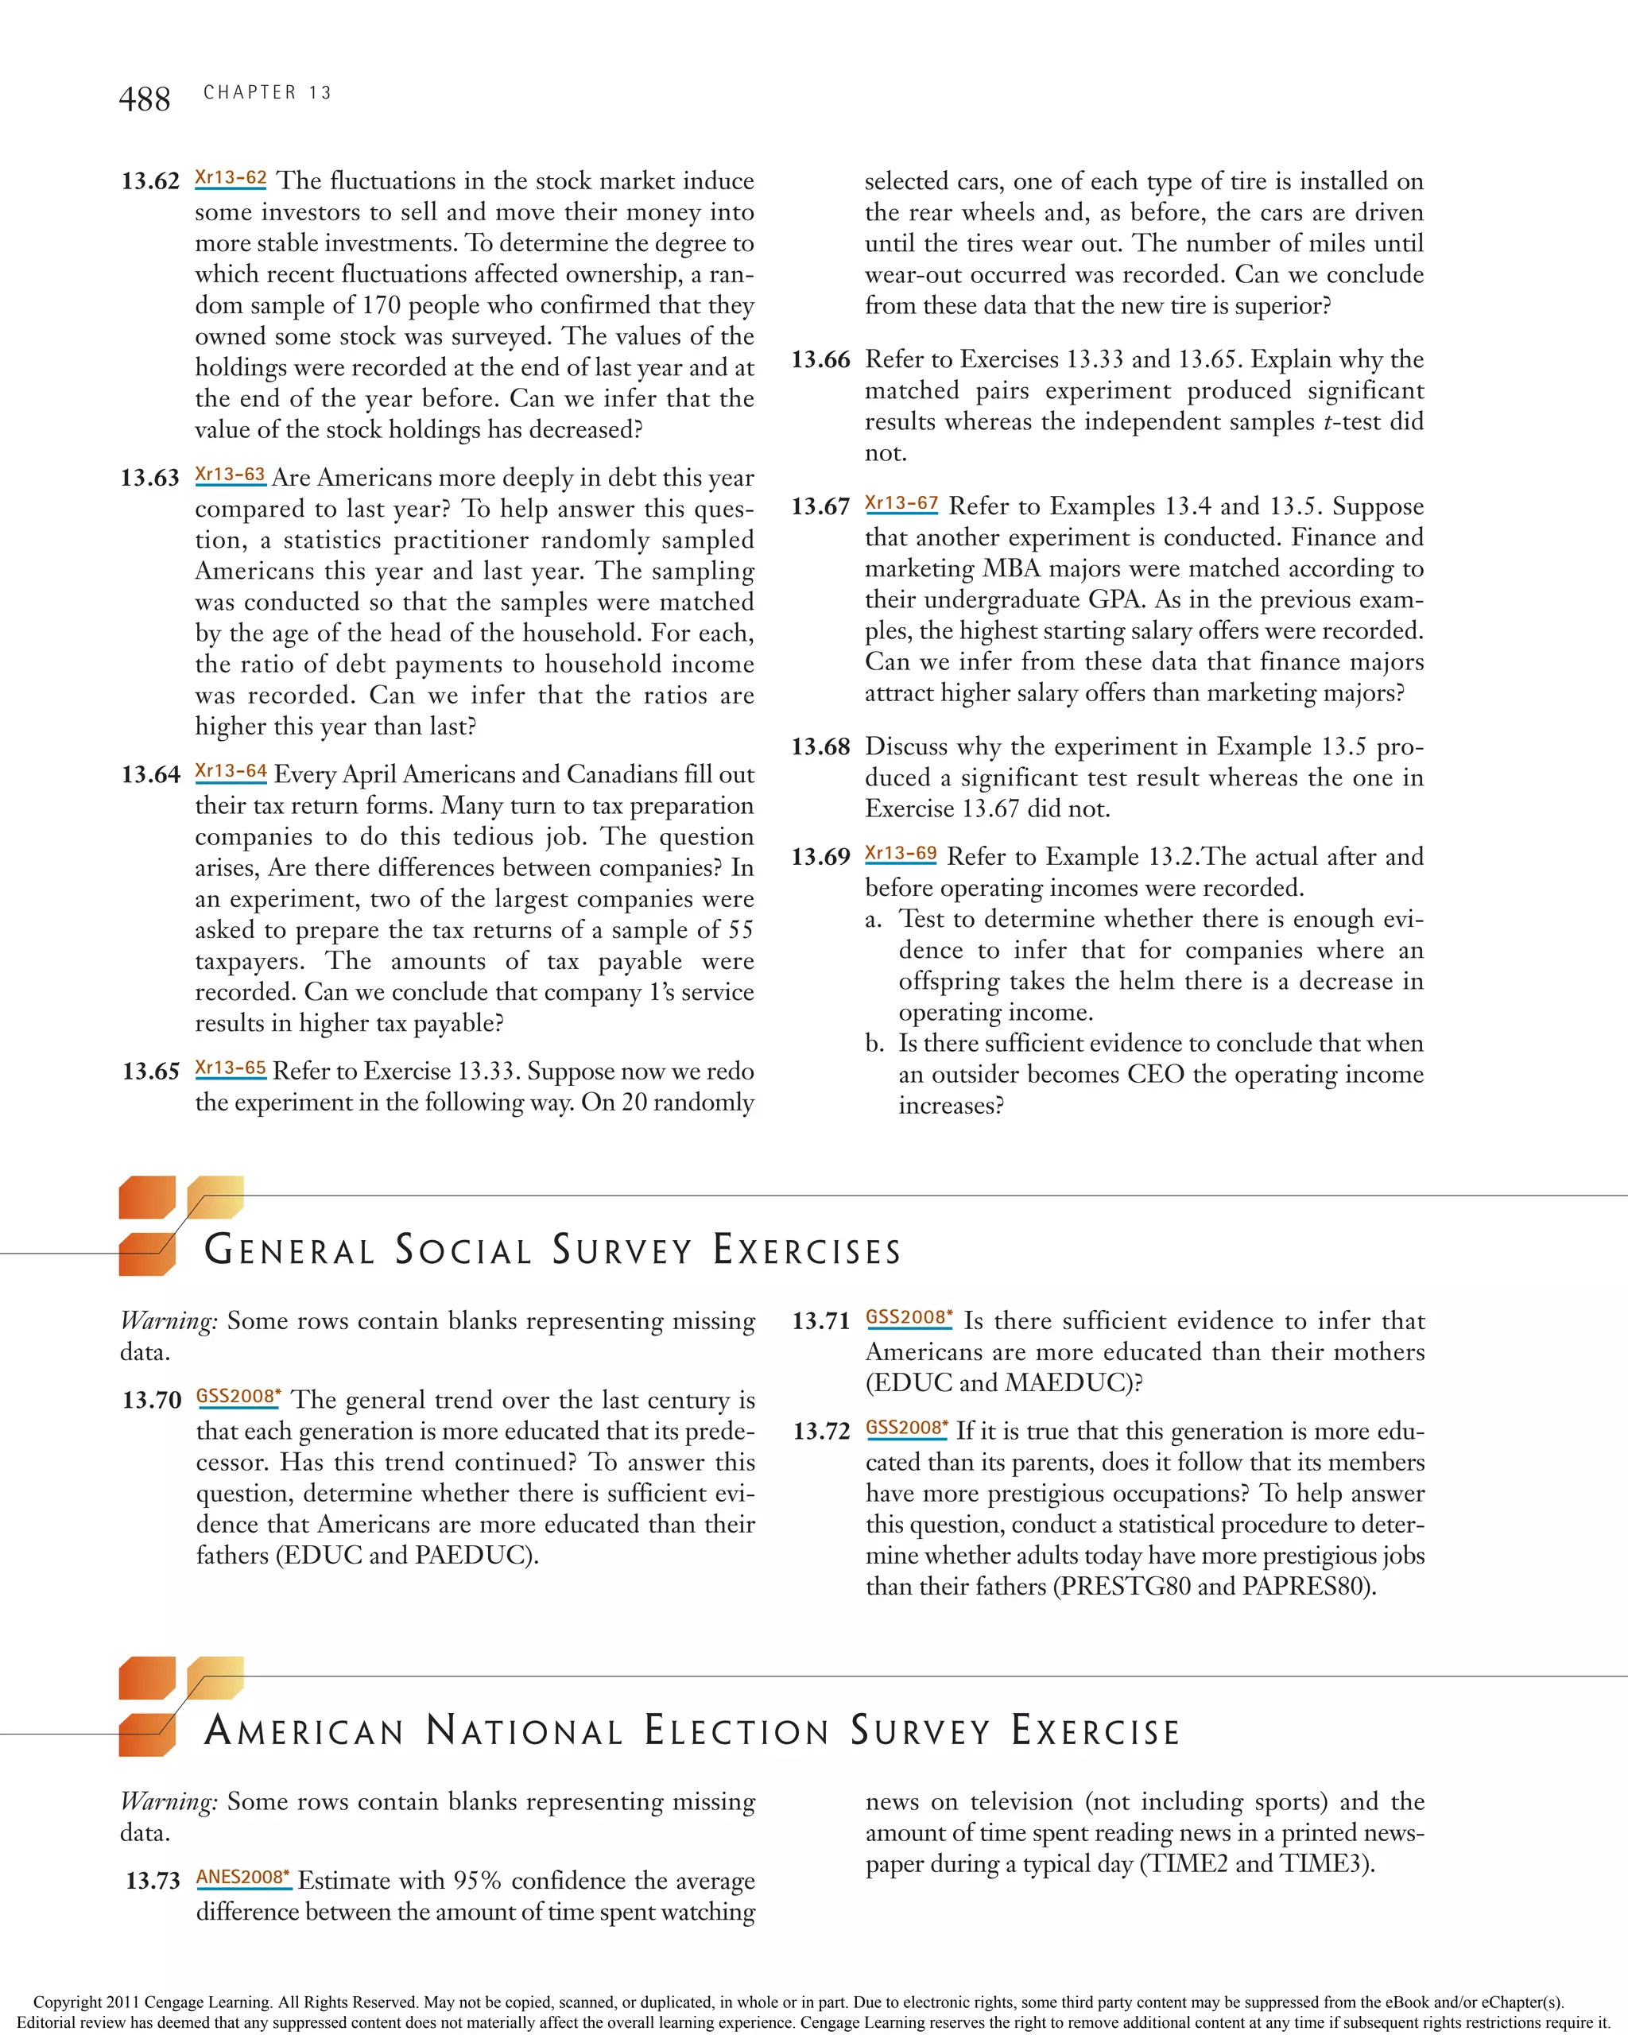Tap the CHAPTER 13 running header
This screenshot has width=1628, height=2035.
point(267,92)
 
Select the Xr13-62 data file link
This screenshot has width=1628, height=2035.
point(231,177)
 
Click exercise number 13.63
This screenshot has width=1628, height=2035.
point(149,478)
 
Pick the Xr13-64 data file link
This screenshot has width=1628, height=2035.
point(231,771)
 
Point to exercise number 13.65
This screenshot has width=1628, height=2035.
point(150,1072)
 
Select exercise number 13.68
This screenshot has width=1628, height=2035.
point(820,746)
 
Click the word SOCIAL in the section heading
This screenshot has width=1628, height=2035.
point(463,1250)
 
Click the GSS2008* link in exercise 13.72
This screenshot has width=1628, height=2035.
point(907,1428)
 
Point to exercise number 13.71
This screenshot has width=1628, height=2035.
point(821,1321)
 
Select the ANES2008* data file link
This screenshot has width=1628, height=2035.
point(242,1878)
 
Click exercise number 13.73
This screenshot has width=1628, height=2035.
point(152,1880)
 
